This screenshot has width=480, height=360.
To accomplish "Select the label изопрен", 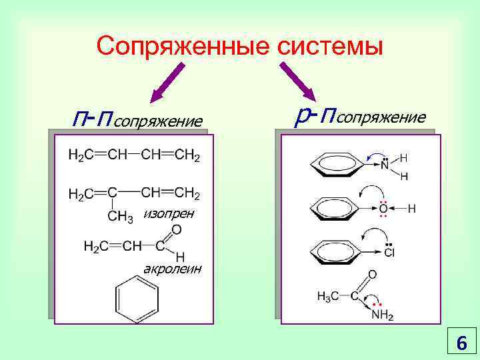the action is click(x=169, y=213).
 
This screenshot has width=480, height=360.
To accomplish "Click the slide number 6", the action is click(x=461, y=343).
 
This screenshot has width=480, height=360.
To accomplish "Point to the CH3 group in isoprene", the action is click(x=121, y=215).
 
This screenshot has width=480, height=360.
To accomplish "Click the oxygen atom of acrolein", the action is click(x=176, y=230).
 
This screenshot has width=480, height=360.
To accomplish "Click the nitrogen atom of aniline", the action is click(x=385, y=166).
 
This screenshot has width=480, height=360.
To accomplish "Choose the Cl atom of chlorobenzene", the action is click(x=389, y=253).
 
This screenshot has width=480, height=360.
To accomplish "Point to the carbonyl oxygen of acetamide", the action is click(x=372, y=275).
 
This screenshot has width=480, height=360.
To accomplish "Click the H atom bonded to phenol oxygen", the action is click(x=411, y=209).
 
